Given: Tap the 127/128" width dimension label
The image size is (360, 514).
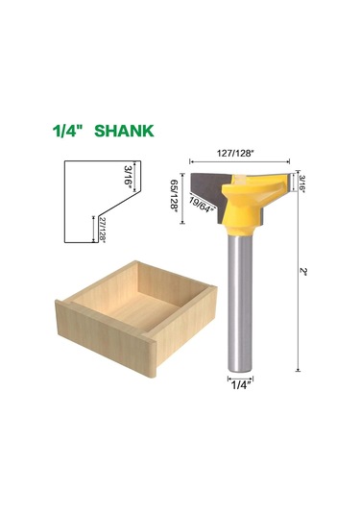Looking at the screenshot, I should [x=240, y=151].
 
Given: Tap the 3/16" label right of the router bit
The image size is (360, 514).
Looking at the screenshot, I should [x=301, y=184].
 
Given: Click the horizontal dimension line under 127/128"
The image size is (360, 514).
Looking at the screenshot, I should [x=240, y=160].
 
